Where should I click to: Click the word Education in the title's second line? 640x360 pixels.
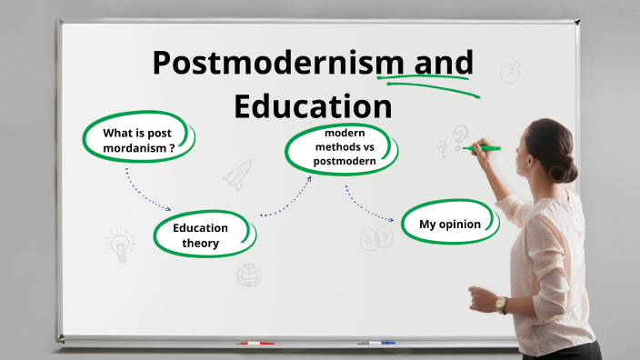313,105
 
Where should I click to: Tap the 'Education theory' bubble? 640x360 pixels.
202,235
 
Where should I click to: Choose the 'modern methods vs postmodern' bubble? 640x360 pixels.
338,148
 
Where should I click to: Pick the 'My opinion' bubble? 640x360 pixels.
449,224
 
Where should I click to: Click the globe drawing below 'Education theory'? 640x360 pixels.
249,274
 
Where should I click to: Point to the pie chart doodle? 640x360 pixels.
510,71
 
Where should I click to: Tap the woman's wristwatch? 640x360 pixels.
501,304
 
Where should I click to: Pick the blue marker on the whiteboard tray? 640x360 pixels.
376,343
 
